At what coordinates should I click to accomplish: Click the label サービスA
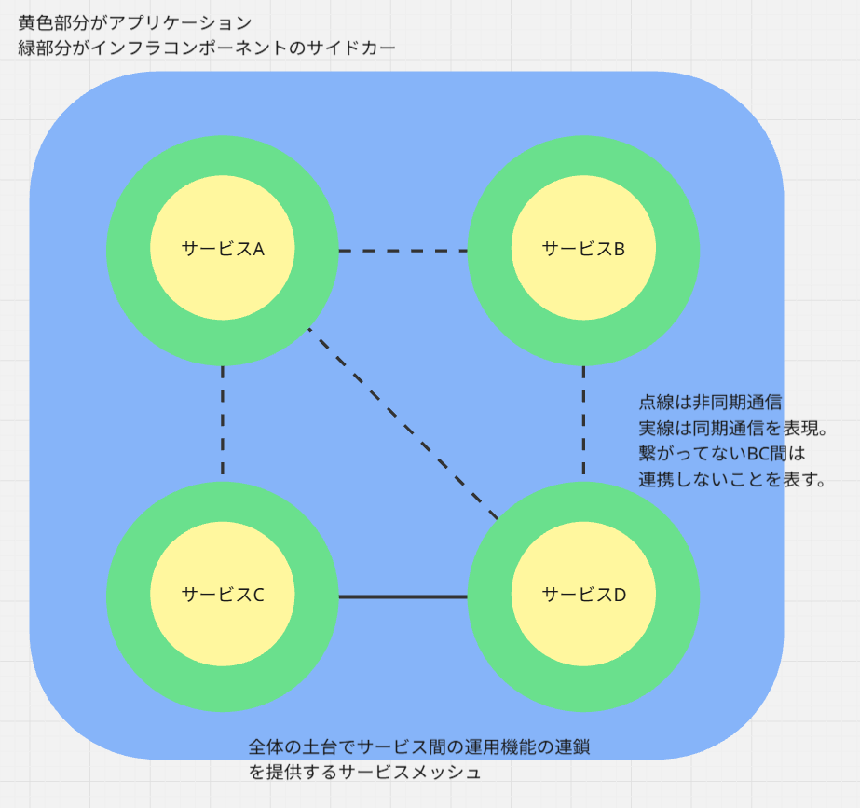click(x=223, y=249)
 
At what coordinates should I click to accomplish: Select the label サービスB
click(x=583, y=249)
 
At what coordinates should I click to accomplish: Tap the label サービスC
click(x=223, y=595)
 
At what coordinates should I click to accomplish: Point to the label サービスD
click(x=583, y=595)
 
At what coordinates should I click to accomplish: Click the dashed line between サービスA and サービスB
click(x=403, y=251)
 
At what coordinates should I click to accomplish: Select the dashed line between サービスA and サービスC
click(x=224, y=422)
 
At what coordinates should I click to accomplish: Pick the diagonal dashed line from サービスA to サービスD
click(x=403, y=424)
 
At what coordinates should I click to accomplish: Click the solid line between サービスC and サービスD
click(x=403, y=596)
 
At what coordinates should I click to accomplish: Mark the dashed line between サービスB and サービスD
click(x=584, y=422)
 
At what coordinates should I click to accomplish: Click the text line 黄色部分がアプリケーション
click(x=134, y=21)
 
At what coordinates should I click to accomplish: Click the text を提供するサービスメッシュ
click(x=364, y=773)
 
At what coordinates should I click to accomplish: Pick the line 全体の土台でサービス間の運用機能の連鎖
click(x=419, y=746)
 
